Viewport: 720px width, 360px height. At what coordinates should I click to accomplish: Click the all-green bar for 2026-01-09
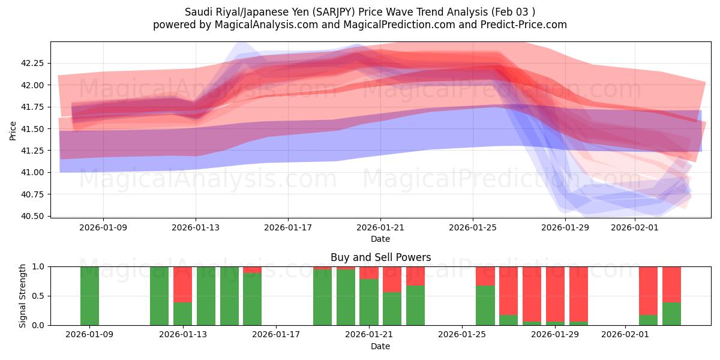tap(89, 296)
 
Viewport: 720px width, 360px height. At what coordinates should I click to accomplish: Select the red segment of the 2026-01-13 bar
tap(182, 284)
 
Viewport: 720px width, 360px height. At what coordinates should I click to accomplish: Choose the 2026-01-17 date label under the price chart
tap(288, 228)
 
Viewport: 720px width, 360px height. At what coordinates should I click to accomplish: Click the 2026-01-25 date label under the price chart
tap(473, 228)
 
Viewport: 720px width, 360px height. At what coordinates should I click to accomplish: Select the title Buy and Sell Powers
tap(380, 257)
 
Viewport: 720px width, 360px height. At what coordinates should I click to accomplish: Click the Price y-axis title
tap(13, 130)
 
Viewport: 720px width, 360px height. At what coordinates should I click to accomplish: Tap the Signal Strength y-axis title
tap(23, 296)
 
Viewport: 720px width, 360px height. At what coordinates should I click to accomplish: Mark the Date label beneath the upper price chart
tap(380, 239)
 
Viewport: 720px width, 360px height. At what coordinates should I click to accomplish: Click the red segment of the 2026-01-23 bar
tap(415, 276)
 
